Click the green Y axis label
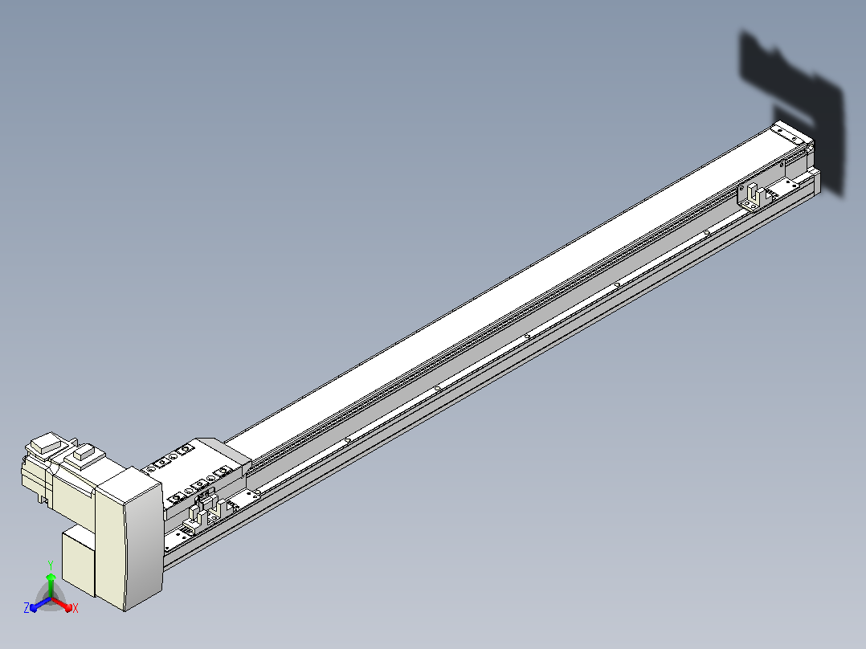[x=51, y=565]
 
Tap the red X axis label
[x=76, y=608]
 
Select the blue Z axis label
[x=26, y=608]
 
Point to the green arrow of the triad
[x=51, y=585]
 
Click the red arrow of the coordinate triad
[x=62, y=603]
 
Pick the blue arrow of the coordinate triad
[x=40, y=604]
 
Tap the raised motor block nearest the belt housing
[x=84, y=455]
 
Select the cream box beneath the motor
[x=79, y=559]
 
